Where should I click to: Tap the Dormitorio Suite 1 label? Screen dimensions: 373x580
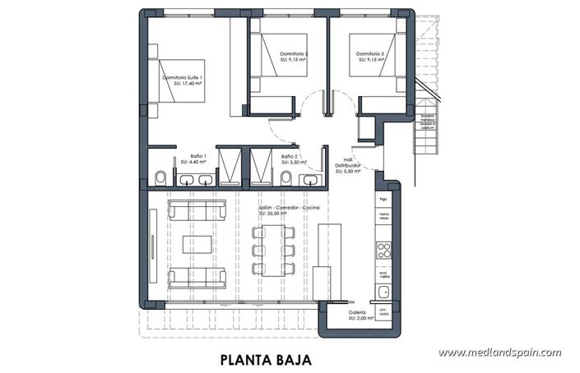coord(183,80)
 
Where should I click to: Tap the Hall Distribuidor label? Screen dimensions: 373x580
coord(349,167)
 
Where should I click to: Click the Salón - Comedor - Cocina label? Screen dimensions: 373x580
coord(288,210)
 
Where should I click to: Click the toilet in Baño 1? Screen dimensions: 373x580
coord(160,177)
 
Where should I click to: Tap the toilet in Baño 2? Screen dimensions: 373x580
coord(286,177)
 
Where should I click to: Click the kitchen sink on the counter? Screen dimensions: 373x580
coord(383,291)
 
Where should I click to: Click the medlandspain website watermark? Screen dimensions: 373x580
coord(499,352)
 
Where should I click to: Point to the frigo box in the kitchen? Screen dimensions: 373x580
coord(383,199)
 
